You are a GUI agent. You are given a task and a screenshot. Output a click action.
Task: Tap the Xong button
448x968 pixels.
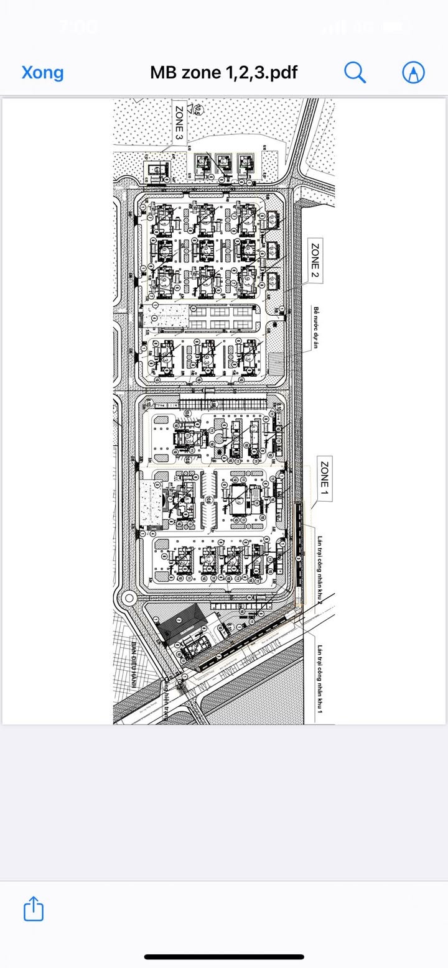point(42,73)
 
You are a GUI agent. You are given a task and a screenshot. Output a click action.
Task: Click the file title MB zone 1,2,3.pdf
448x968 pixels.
point(223,73)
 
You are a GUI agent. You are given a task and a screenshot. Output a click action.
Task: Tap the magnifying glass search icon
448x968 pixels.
point(355,73)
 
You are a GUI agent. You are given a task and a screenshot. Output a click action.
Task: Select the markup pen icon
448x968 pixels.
point(413,73)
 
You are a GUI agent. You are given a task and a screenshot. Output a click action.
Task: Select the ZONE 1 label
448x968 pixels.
point(324,479)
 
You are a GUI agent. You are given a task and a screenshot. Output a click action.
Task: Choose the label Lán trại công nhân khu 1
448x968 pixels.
point(322,679)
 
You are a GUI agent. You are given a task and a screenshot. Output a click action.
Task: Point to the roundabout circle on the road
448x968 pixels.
point(129,599)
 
